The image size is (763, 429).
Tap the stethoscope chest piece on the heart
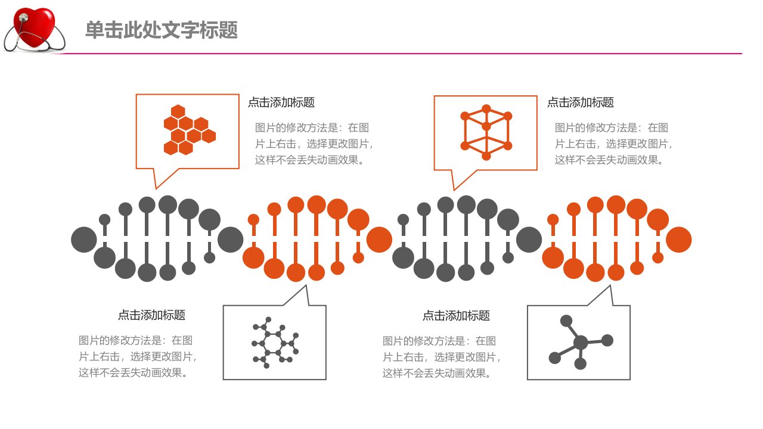(24, 17)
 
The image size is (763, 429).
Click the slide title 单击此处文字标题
(162, 30)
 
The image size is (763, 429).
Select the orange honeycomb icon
(190, 130)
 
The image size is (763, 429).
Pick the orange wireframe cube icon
(486, 132)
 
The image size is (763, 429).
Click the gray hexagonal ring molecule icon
(275, 343)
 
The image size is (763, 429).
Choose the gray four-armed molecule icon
(581, 342)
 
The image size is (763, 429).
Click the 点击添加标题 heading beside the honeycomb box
(281, 102)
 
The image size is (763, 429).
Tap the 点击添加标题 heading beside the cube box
(581, 102)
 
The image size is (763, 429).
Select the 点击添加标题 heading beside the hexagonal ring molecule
(151, 315)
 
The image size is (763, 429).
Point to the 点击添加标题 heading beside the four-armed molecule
(456, 316)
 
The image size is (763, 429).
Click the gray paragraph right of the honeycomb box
(314, 144)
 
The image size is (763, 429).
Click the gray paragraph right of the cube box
(613, 144)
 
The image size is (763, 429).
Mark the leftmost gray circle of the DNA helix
(84, 240)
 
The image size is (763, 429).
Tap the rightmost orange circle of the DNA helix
(678, 240)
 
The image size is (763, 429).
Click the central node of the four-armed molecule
(581, 343)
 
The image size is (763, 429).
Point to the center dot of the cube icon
(486, 127)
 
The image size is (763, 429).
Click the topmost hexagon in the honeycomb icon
(178, 111)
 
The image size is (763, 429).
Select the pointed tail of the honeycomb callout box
(156, 188)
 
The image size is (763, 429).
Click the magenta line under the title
(397, 54)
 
